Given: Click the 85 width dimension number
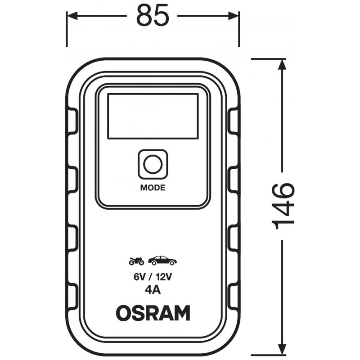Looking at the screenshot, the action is tap(153, 15).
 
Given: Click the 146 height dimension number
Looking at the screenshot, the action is tap(283, 206).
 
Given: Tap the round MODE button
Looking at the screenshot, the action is tap(153, 164).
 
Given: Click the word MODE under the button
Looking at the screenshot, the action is tap(153, 188).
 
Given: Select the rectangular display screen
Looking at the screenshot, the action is tap(153, 116).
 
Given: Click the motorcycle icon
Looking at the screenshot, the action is tap(136, 261).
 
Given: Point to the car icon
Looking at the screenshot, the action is tap(162, 261).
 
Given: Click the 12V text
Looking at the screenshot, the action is tap(164, 277).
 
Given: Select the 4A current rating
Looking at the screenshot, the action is tap(153, 290).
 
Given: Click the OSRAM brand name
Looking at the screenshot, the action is tap(153, 313).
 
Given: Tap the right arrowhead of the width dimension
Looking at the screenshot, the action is tap(234, 16).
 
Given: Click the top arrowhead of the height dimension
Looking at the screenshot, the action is tap(282, 64).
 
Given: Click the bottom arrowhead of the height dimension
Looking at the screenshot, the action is tap(282, 350).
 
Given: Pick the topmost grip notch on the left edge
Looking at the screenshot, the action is tap(72, 121).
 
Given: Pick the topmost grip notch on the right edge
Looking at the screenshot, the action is tap(233, 121).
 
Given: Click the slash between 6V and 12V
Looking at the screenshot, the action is tap(151, 277).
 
